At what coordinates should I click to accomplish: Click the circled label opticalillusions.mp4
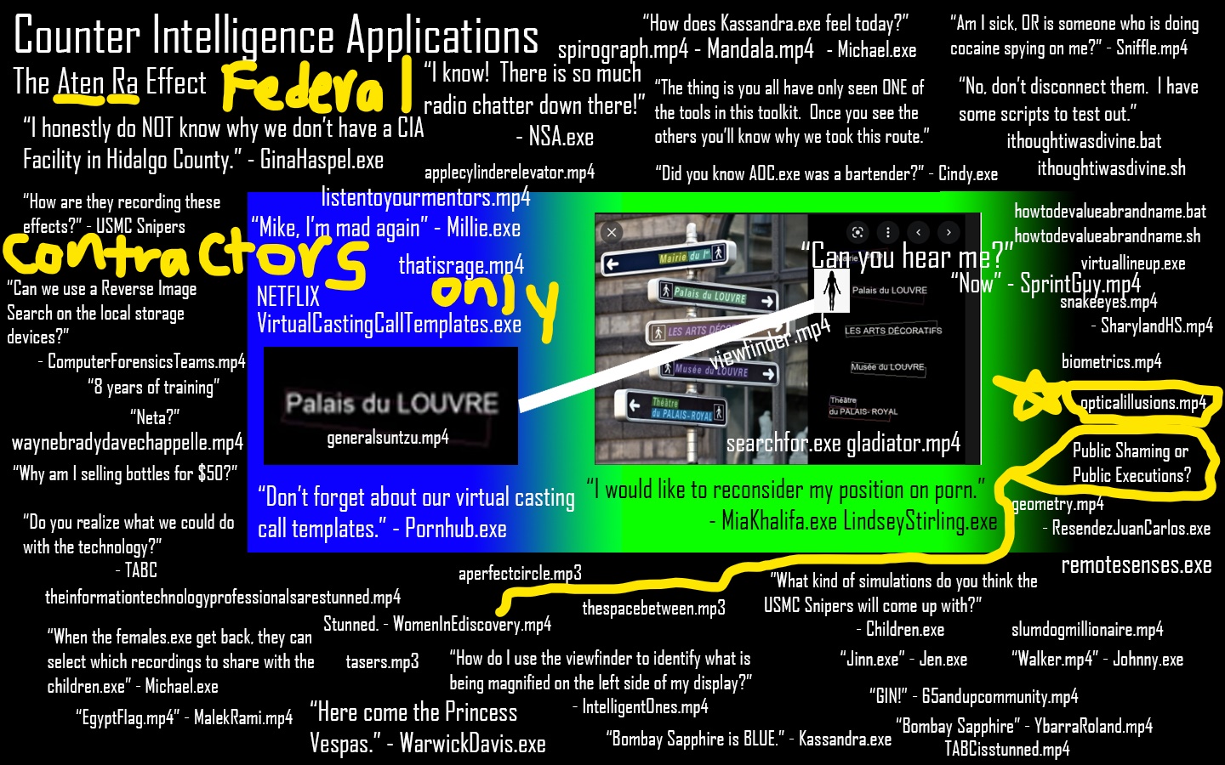pyautogui.click(x=1142, y=403)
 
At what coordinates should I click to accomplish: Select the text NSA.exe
pyautogui.click(x=554, y=137)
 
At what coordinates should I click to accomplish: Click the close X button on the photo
pyautogui.click(x=611, y=231)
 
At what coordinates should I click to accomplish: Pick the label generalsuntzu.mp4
pyautogui.click(x=388, y=438)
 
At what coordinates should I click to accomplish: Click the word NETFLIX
pyautogui.click(x=288, y=297)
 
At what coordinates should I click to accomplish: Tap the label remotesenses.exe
pyautogui.click(x=1136, y=565)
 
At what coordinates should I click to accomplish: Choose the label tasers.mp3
pyautogui.click(x=382, y=661)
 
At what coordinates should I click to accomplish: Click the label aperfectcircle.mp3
pyautogui.click(x=520, y=574)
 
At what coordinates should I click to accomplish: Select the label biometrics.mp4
pyautogui.click(x=1111, y=362)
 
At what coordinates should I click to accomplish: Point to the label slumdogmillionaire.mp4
pyautogui.click(x=1086, y=630)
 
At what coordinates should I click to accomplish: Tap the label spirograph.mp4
pyautogui.click(x=623, y=50)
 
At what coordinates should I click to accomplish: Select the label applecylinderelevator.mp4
pyautogui.click(x=509, y=173)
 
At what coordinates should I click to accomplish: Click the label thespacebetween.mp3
pyautogui.click(x=653, y=608)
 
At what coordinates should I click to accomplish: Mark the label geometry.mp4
pyautogui.click(x=1057, y=504)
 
